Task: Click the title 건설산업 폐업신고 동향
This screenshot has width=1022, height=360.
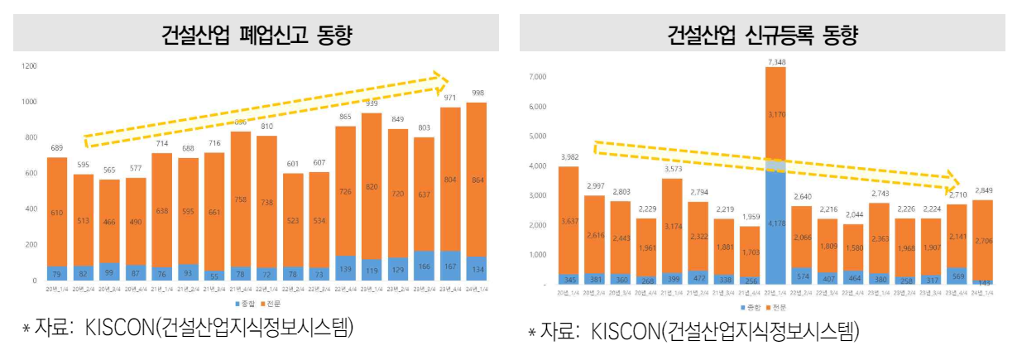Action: click(257, 36)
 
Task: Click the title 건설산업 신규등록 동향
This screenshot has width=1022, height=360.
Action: click(763, 36)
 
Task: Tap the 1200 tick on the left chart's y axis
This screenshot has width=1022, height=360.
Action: click(30, 65)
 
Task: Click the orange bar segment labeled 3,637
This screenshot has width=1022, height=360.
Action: click(568, 220)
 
